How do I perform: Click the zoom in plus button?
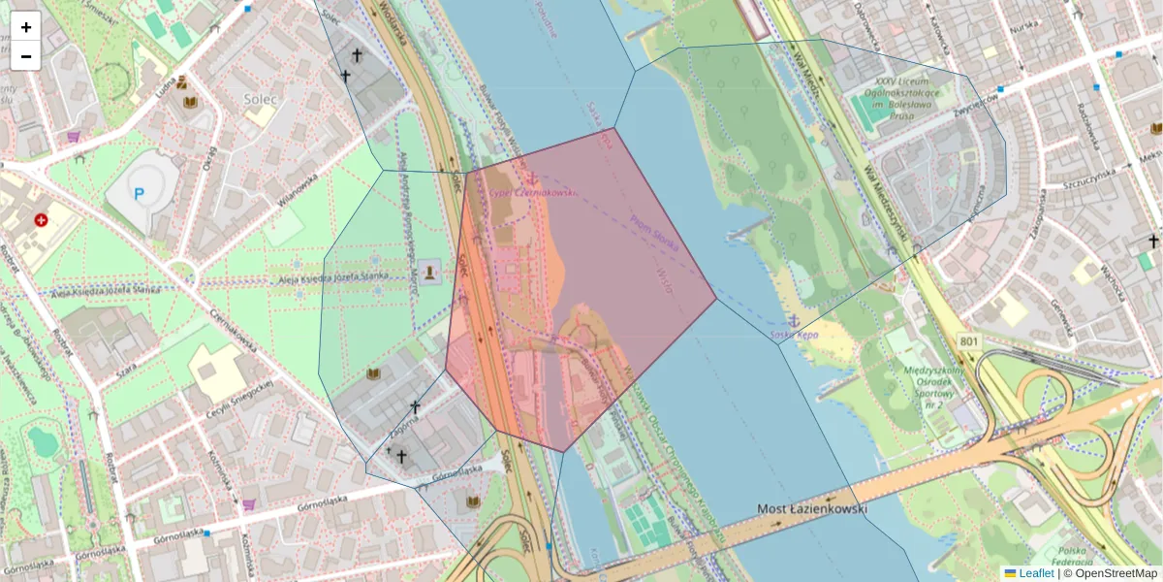[x=26, y=27]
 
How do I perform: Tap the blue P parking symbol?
[x=139, y=194]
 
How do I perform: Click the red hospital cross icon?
[x=41, y=220]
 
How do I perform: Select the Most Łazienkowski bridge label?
[x=811, y=508]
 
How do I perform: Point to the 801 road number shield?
[x=969, y=341]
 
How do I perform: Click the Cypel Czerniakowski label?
[x=532, y=192]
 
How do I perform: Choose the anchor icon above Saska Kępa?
[x=793, y=319]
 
